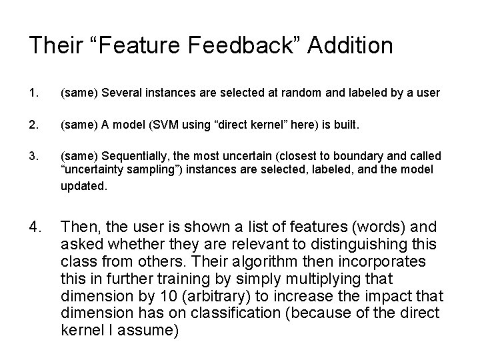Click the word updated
[x=83, y=187]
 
